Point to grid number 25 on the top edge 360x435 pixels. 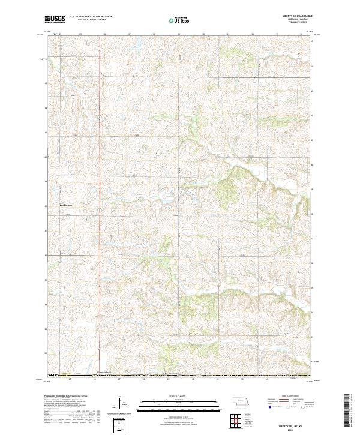click(80, 34)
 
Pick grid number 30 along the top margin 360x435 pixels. click(204, 34)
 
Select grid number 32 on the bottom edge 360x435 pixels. click(242, 379)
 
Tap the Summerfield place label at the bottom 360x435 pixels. click(104, 373)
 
